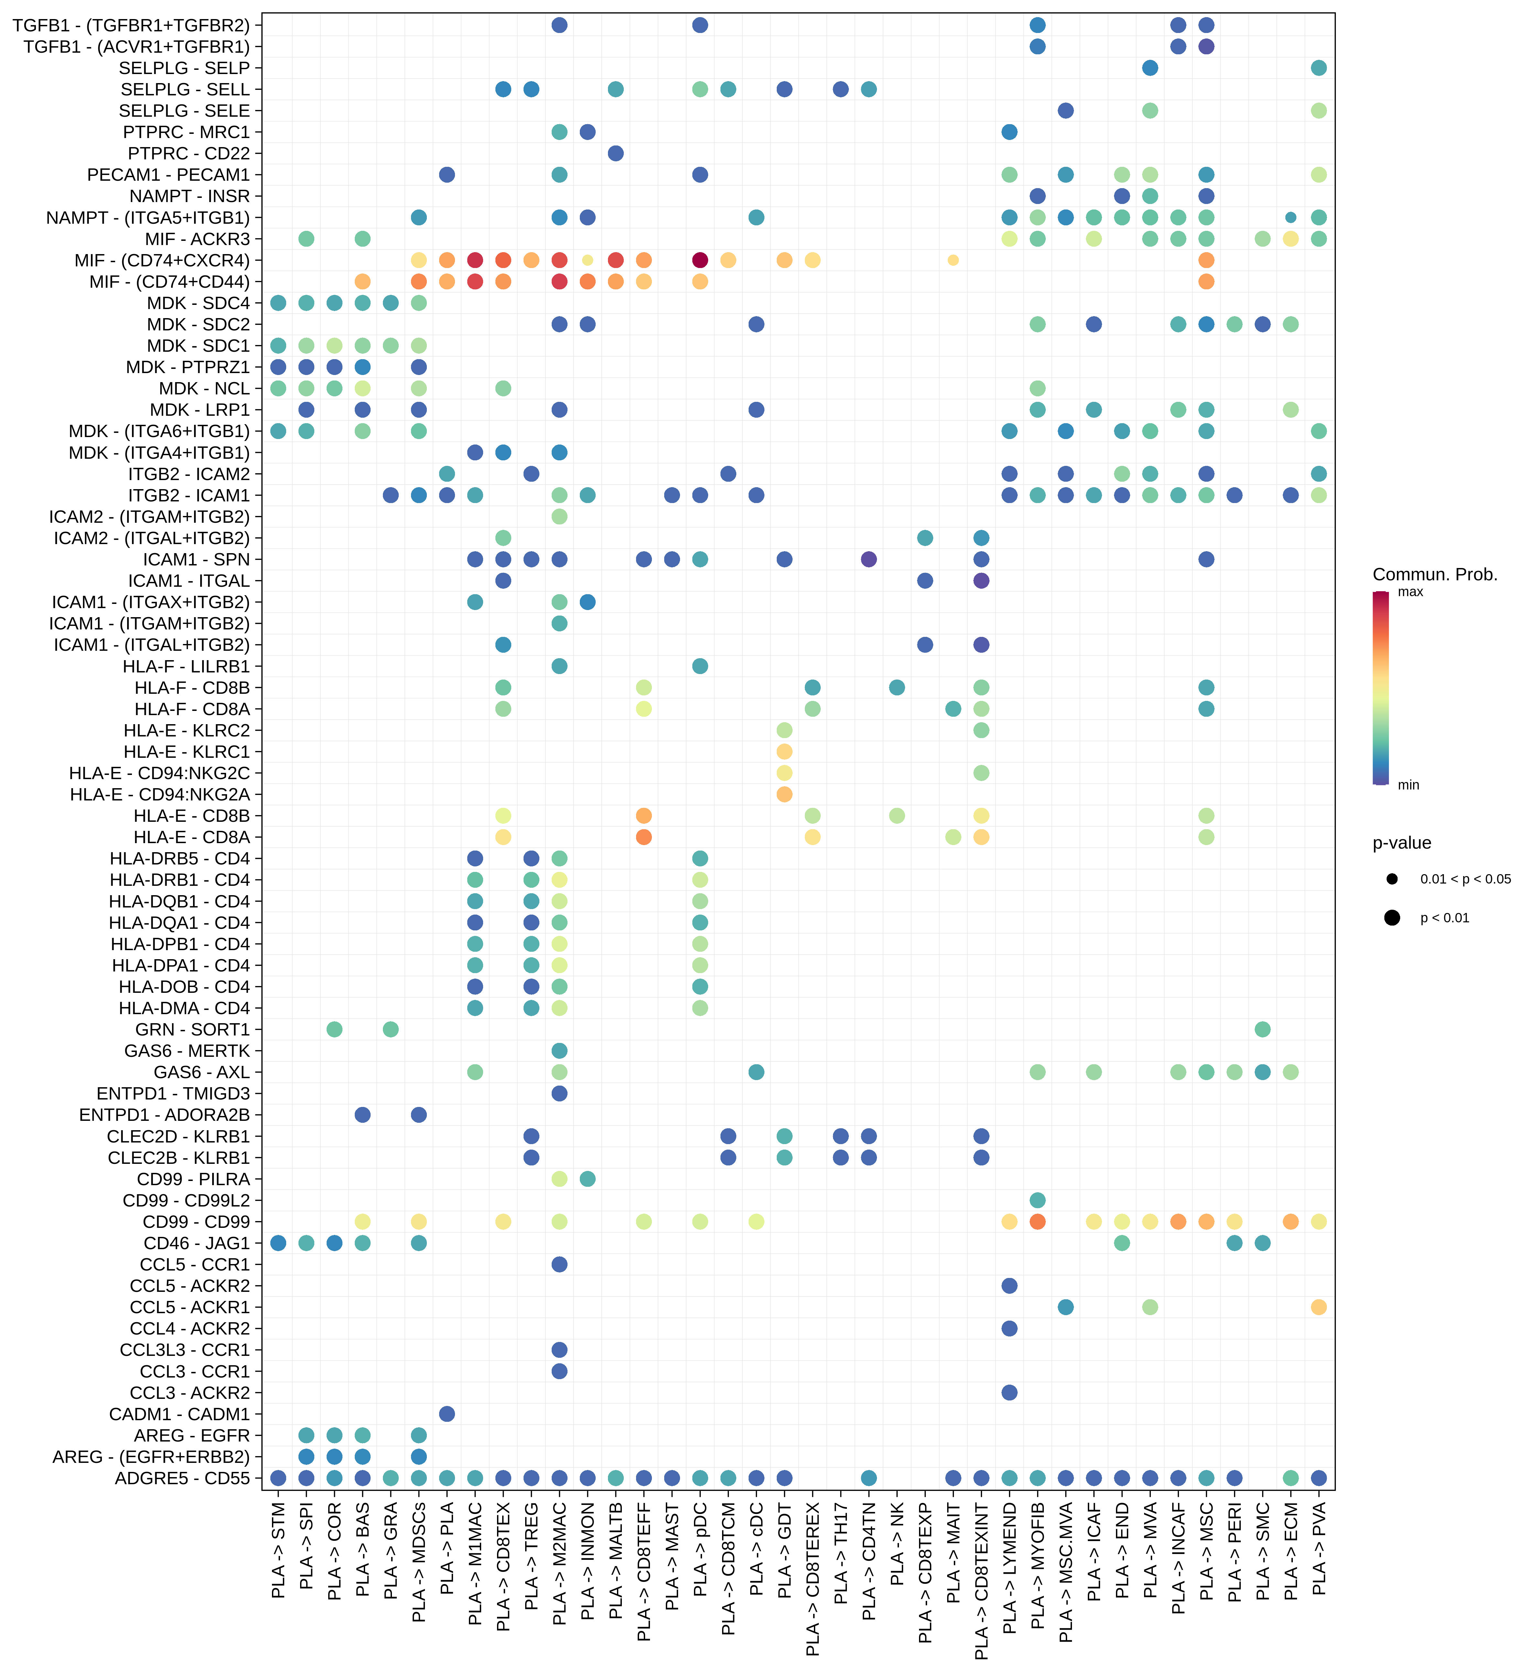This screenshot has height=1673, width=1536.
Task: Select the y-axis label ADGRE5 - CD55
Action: pos(182,1478)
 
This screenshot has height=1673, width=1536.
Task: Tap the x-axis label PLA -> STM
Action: pos(278,1550)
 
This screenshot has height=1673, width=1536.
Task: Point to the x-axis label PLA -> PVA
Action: pos(1318,1550)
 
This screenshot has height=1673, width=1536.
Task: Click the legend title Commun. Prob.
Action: pos(1434,574)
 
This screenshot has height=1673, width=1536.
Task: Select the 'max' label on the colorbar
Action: pos(1411,592)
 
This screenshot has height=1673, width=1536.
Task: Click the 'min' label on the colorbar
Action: pos(1408,785)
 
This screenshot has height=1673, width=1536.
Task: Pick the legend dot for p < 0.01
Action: pos(1392,917)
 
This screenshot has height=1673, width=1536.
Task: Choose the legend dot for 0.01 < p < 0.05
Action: pos(1392,878)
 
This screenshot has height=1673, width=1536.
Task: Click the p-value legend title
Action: pos(1401,843)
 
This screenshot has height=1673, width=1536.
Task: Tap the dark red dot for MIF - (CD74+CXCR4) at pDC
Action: pos(700,260)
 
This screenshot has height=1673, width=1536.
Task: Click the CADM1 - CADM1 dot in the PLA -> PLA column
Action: pos(446,1414)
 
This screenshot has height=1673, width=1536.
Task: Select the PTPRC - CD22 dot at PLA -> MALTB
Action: pos(616,153)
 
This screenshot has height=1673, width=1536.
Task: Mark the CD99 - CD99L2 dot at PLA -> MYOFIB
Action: pos(1037,1200)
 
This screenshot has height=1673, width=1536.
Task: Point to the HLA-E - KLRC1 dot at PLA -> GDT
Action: pos(784,751)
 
